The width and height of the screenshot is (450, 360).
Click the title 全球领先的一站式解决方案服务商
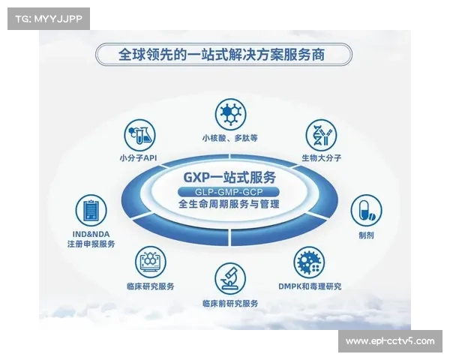[224, 55]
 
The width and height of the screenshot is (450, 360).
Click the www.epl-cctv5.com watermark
[389, 340]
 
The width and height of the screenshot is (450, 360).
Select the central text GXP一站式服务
[229, 177]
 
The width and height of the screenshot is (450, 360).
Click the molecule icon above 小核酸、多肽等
[229, 114]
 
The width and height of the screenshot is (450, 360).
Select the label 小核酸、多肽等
[229, 137]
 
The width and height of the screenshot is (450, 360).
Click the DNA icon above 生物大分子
[319, 135]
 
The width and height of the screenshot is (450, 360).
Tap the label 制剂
[366, 235]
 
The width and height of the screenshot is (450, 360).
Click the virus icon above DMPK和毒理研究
[310, 262]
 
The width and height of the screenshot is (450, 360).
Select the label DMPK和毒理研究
[310, 286]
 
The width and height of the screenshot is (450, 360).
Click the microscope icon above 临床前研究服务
[229, 279]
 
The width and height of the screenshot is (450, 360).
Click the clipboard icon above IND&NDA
[91, 210]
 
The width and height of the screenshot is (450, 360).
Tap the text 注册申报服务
[91, 244]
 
